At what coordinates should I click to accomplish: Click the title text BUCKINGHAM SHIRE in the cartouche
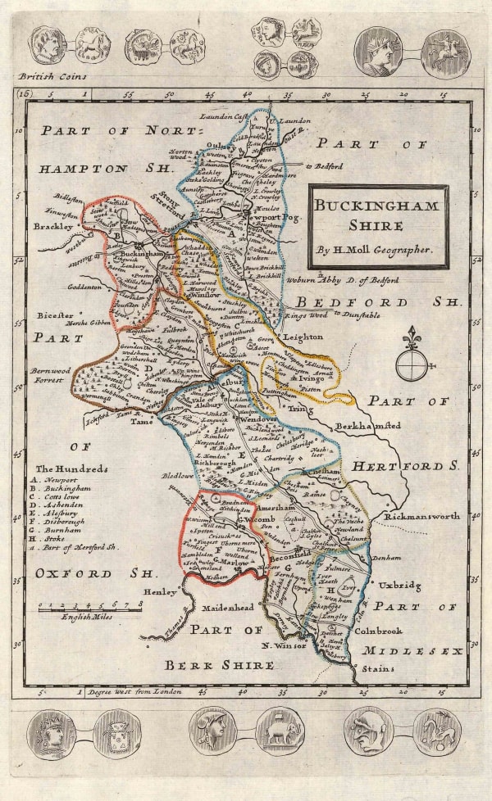(378, 215)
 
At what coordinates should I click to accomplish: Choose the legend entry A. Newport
(57, 480)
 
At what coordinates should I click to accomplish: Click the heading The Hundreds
(73, 468)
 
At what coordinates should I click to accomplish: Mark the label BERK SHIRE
(220, 665)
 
